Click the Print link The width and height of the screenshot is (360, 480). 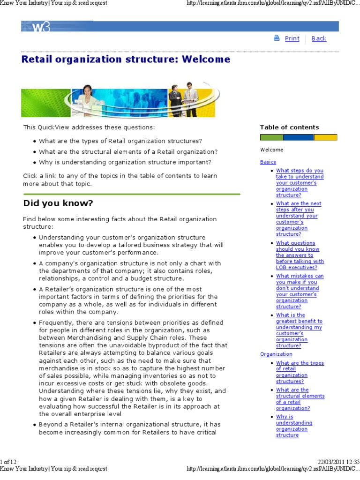click(x=292, y=38)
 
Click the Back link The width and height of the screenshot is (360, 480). click(x=319, y=38)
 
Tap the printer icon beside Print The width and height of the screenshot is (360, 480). click(x=277, y=38)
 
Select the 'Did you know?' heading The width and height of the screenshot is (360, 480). click(x=58, y=203)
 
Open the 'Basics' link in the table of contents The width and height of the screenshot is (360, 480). click(x=268, y=162)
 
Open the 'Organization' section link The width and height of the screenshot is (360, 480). click(x=276, y=354)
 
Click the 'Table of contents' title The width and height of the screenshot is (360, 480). click(x=289, y=127)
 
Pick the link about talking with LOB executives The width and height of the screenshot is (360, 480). click(x=300, y=255)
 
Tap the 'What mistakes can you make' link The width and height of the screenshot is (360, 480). click(x=300, y=291)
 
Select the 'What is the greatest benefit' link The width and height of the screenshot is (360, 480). click(x=299, y=330)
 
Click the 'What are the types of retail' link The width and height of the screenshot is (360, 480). click(x=300, y=372)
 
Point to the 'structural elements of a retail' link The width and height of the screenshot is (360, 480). click(x=300, y=399)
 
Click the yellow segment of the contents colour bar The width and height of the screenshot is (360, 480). click(x=325, y=137)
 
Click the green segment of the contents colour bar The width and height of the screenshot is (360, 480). click(x=271, y=137)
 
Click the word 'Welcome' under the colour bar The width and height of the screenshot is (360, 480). click(x=272, y=150)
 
